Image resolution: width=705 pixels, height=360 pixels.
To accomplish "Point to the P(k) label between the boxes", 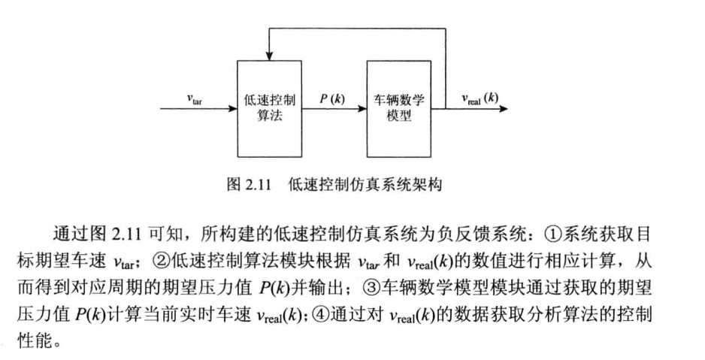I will pyautogui.click(x=332, y=98).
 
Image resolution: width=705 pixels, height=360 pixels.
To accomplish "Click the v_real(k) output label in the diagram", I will pyautogui.click(x=480, y=98).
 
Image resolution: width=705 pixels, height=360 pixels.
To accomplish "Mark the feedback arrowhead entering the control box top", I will pyautogui.click(x=269, y=56).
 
